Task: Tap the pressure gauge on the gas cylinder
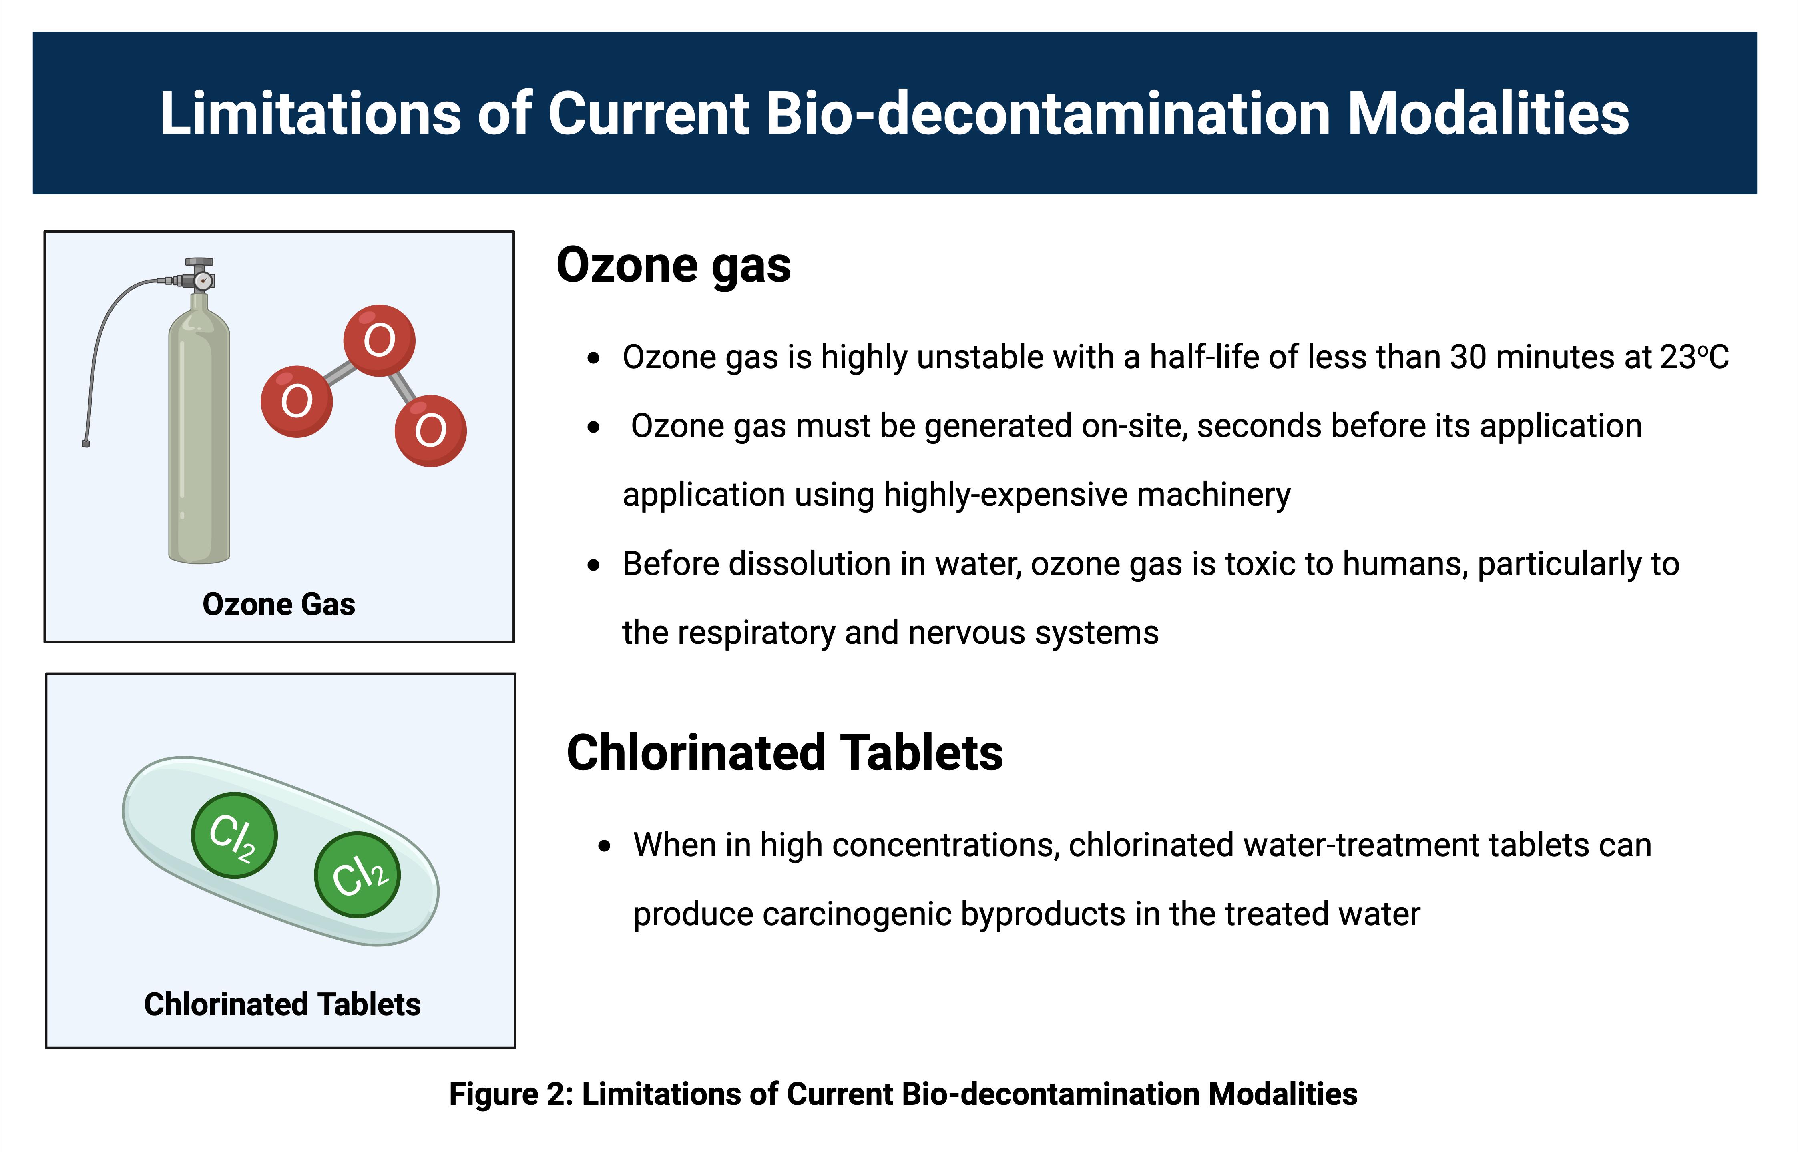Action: [x=202, y=281]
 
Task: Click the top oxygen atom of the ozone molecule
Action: [x=380, y=341]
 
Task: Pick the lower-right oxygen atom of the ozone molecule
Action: [x=430, y=431]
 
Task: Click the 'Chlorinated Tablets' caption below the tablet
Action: [x=282, y=1005]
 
